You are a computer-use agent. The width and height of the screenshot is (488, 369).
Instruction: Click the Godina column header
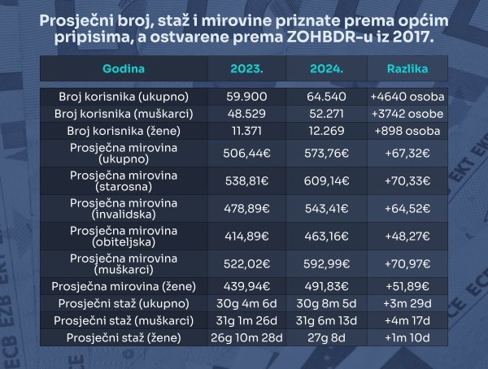click(x=124, y=68)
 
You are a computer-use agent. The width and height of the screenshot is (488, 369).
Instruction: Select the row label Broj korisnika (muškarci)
click(x=124, y=113)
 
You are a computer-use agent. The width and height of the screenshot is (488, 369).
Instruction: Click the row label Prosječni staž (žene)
click(x=124, y=337)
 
